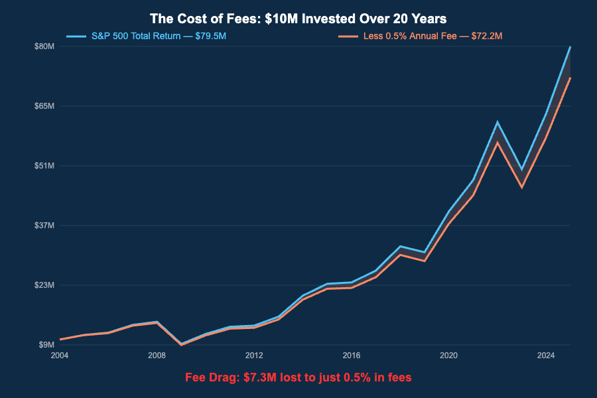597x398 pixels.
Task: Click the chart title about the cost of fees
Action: click(298, 19)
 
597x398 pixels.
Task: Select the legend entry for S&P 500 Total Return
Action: click(159, 36)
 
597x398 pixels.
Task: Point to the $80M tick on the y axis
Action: click(44, 46)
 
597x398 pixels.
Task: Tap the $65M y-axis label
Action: click(44, 106)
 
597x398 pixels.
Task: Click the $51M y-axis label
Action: click(44, 166)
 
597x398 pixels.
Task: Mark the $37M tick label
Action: click(44, 226)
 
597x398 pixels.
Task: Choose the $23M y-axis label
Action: click(44, 285)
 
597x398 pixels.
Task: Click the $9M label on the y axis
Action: click(46, 345)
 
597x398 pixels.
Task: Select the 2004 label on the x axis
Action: click(60, 356)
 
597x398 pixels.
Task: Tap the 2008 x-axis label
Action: click(157, 356)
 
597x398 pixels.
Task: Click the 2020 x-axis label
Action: click(449, 356)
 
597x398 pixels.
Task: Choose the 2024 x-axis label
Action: click(546, 356)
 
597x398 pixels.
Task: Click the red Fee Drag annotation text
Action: click(298, 377)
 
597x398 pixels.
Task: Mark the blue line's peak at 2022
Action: click(497, 122)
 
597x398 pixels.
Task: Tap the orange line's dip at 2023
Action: click(522, 187)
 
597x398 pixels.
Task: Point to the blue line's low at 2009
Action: click(181, 344)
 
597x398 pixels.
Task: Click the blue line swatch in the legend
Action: click(76, 36)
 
